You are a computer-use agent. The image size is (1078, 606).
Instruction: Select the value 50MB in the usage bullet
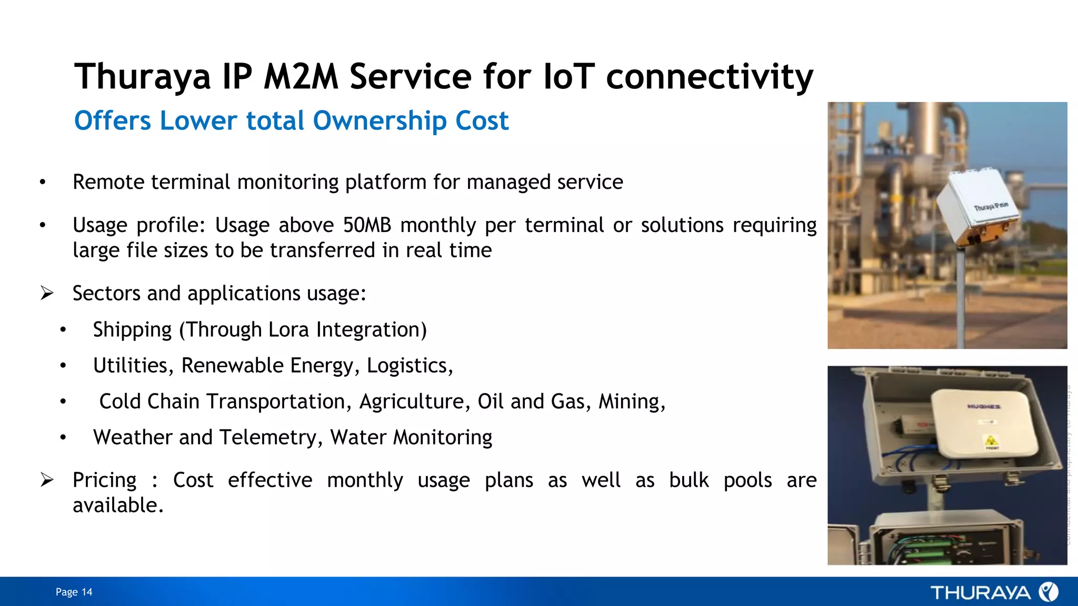[367, 225]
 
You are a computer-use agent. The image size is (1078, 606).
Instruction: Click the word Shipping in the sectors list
[132, 330]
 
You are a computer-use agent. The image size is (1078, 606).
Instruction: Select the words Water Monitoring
[411, 438]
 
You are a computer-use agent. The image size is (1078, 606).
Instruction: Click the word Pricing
[104, 480]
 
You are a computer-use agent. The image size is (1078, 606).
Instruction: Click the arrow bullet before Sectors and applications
[47, 293]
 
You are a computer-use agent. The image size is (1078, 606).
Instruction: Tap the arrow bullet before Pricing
[47, 480]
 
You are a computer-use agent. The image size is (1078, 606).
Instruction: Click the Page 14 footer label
[74, 592]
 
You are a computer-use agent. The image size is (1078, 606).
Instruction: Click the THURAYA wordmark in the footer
[980, 593]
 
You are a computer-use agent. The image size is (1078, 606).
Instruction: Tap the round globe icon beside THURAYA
[1048, 592]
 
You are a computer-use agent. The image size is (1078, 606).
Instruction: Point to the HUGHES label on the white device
[983, 407]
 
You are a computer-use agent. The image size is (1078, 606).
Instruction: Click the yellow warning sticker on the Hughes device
[991, 440]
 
